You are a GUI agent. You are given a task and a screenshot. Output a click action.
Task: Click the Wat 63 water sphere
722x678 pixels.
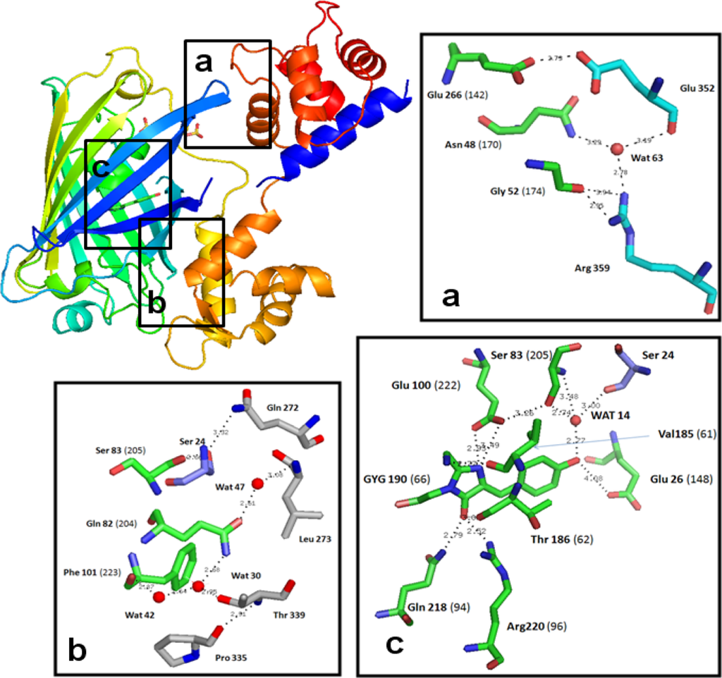(x=617, y=149)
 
